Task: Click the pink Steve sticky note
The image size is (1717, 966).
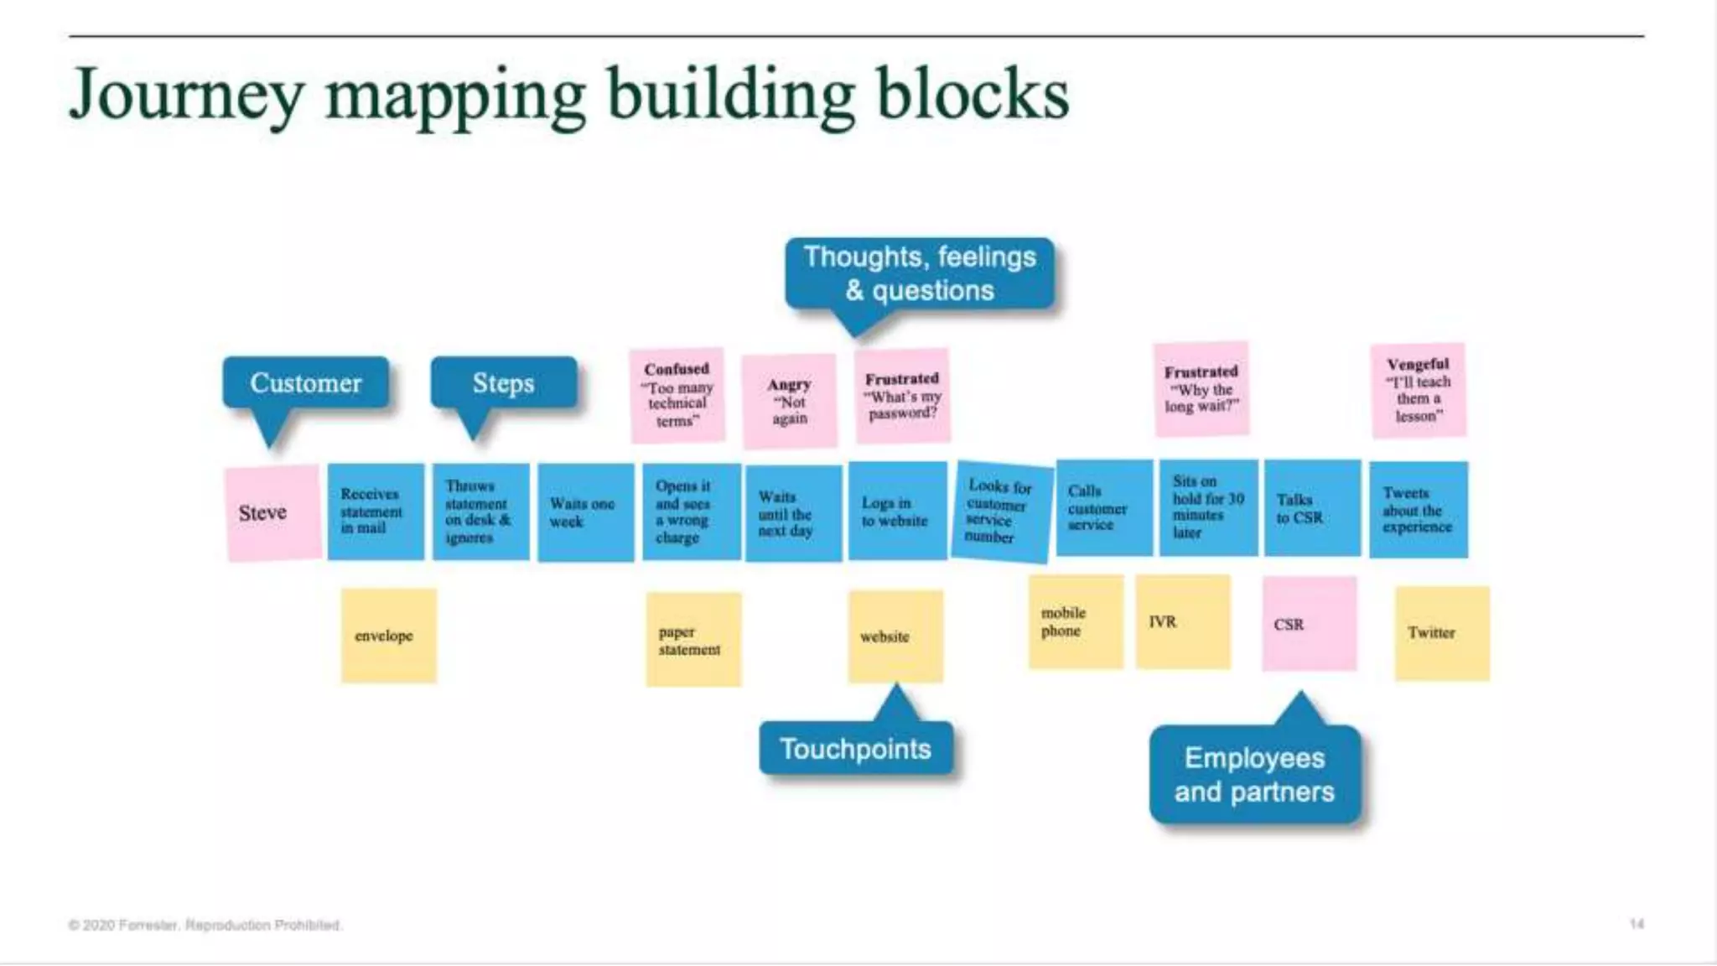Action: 272,512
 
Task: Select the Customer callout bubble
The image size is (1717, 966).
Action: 306,383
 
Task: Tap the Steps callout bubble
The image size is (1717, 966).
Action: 503,383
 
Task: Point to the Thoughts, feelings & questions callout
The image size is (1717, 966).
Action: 920,273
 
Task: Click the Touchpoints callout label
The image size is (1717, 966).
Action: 856,749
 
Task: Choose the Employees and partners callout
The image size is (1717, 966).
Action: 1254,775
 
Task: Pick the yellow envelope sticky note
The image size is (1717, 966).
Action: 388,636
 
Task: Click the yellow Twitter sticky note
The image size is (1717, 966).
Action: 1442,633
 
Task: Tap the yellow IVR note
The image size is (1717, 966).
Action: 1183,622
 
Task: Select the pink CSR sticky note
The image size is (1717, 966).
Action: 1309,624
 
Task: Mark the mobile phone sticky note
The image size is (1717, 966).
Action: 1076,622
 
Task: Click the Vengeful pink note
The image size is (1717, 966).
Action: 1419,391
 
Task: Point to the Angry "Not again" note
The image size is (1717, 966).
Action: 790,401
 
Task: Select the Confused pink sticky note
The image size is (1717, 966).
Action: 677,395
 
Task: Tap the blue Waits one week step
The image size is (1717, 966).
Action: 585,512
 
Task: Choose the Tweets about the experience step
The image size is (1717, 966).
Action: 1419,510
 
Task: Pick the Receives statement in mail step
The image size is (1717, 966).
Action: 375,512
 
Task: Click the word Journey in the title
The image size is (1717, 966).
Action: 186,95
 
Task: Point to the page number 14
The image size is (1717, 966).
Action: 1637,924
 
